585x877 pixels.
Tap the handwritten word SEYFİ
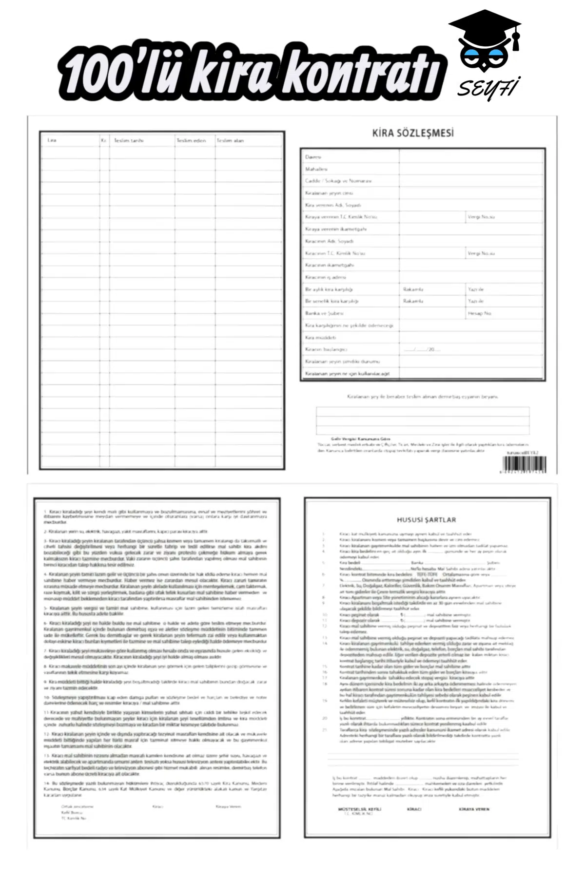pyautogui.click(x=487, y=88)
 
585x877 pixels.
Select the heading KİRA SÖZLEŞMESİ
pyautogui.click(x=412, y=133)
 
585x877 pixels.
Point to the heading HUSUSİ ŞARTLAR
pyautogui.click(x=426, y=520)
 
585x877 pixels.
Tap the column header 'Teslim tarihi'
pyautogui.click(x=129, y=140)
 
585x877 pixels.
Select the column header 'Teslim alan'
pyautogui.click(x=230, y=140)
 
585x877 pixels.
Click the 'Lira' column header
pyautogui.click(x=52, y=140)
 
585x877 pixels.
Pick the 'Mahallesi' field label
pyautogui.click(x=316, y=169)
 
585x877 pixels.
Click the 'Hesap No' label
pyautogui.click(x=480, y=313)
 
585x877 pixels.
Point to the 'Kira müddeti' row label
pyautogui.click(x=320, y=337)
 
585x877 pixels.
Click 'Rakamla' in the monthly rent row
pyautogui.click(x=413, y=289)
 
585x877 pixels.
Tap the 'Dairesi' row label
pyautogui.click(x=313, y=157)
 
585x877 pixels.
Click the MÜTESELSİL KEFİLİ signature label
pyautogui.click(x=360, y=809)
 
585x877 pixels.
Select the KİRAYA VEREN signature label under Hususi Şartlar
pyautogui.click(x=474, y=809)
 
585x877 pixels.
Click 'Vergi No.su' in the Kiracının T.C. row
pyautogui.click(x=481, y=253)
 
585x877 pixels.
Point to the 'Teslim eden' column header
pyautogui.click(x=191, y=140)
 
